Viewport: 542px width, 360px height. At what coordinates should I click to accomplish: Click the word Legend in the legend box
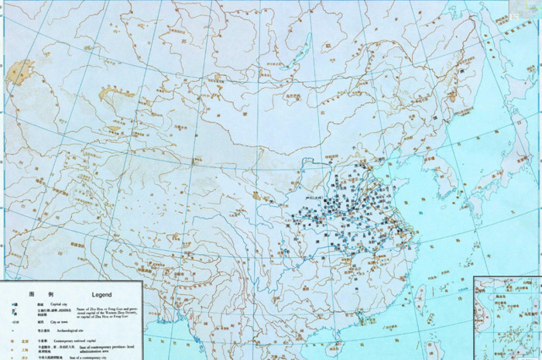(x=101, y=294)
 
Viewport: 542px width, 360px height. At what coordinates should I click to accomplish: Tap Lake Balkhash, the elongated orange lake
(x=112, y=99)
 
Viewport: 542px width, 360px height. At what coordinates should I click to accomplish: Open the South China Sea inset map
(x=508, y=317)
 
